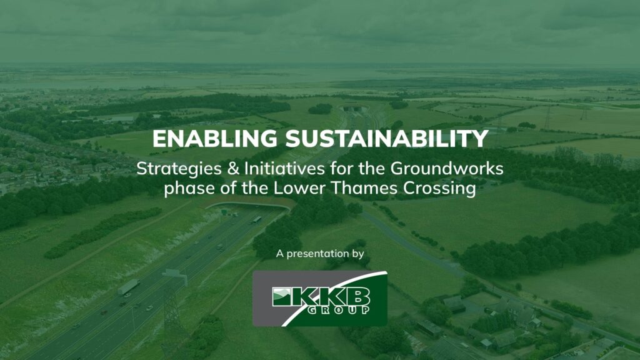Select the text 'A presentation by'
point(319,254)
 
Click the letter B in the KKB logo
point(357,296)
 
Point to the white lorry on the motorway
point(128,286)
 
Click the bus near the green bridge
point(256,219)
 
